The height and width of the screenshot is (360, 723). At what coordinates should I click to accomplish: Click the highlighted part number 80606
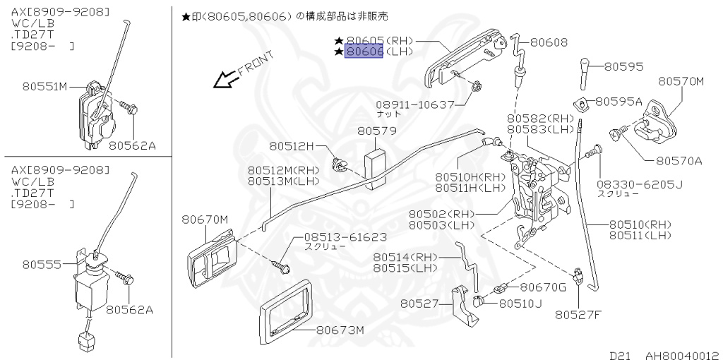tap(364, 52)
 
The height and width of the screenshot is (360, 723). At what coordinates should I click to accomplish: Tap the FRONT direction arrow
tap(227, 79)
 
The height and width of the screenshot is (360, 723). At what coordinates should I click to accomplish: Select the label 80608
tap(549, 42)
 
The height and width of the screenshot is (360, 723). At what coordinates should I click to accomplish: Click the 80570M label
tap(681, 82)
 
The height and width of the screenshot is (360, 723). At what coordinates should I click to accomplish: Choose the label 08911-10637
tap(415, 104)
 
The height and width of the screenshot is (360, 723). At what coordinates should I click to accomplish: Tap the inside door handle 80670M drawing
tap(211, 260)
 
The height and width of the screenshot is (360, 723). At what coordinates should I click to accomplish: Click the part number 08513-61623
tap(345, 237)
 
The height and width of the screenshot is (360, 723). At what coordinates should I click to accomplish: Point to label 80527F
tap(578, 315)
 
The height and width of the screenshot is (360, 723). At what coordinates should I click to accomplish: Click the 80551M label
tap(44, 87)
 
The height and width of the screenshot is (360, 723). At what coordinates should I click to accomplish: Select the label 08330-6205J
tap(640, 185)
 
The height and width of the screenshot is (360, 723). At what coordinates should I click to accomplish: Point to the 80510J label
tap(520, 304)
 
